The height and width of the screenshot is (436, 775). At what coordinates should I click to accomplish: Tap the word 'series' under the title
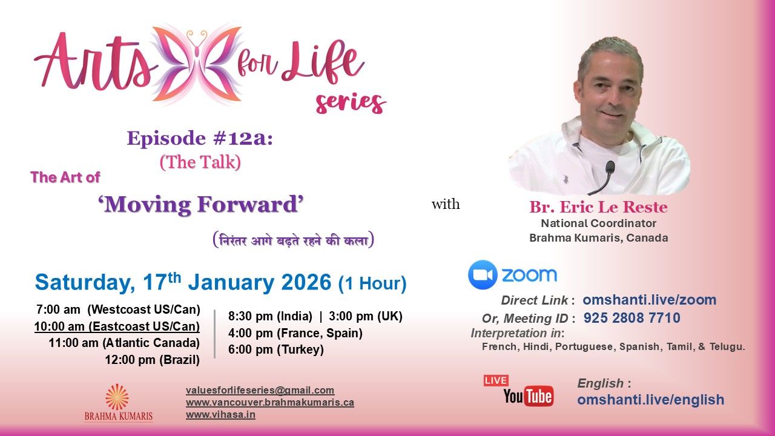click(x=351, y=103)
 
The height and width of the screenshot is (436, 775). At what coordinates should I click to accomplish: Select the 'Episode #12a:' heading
click(x=200, y=139)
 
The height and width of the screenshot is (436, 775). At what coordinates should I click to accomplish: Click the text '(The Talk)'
click(x=200, y=162)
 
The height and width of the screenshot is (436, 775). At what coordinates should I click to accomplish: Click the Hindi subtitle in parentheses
click(x=294, y=240)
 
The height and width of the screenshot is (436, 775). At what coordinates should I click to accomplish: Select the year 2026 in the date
click(x=306, y=282)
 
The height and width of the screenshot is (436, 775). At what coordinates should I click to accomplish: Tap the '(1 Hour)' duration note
click(x=372, y=283)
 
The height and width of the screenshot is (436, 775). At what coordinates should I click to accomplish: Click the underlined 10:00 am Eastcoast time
click(x=117, y=326)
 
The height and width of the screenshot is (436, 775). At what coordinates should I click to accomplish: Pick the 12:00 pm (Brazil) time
click(x=153, y=360)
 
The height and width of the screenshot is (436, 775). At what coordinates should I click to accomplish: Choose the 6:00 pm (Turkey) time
click(x=275, y=349)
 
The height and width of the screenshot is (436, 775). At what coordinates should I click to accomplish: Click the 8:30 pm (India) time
click(x=270, y=316)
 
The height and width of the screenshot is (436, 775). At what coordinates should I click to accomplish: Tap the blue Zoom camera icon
click(x=483, y=275)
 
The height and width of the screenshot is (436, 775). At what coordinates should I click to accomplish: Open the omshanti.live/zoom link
click(x=650, y=300)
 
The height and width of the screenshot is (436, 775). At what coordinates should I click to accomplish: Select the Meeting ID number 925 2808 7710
click(x=632, y=318)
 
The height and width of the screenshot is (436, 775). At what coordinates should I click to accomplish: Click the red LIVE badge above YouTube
click(x=496, y=381)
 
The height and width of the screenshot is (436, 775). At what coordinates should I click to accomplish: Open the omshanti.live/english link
click(x=651, y=400)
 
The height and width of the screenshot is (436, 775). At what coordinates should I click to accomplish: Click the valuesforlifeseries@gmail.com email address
click(x=260, y=391)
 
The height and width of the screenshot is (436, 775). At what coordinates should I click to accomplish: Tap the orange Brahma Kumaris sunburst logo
click(x=117, y=397)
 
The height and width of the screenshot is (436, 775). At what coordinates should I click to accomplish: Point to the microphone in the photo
click(x=603, y=177)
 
